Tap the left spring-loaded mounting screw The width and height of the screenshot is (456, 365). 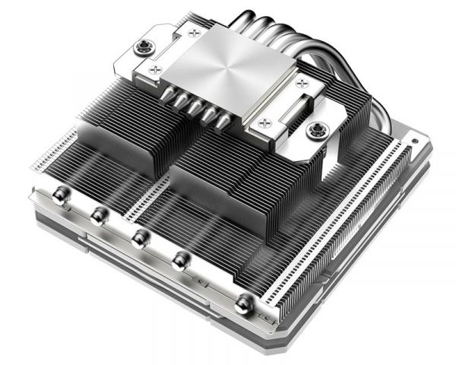142,48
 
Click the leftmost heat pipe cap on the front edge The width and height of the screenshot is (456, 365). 60,198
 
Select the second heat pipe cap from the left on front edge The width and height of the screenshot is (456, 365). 97,216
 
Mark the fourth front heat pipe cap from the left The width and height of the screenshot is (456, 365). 179,261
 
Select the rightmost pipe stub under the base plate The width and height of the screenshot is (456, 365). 225,122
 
